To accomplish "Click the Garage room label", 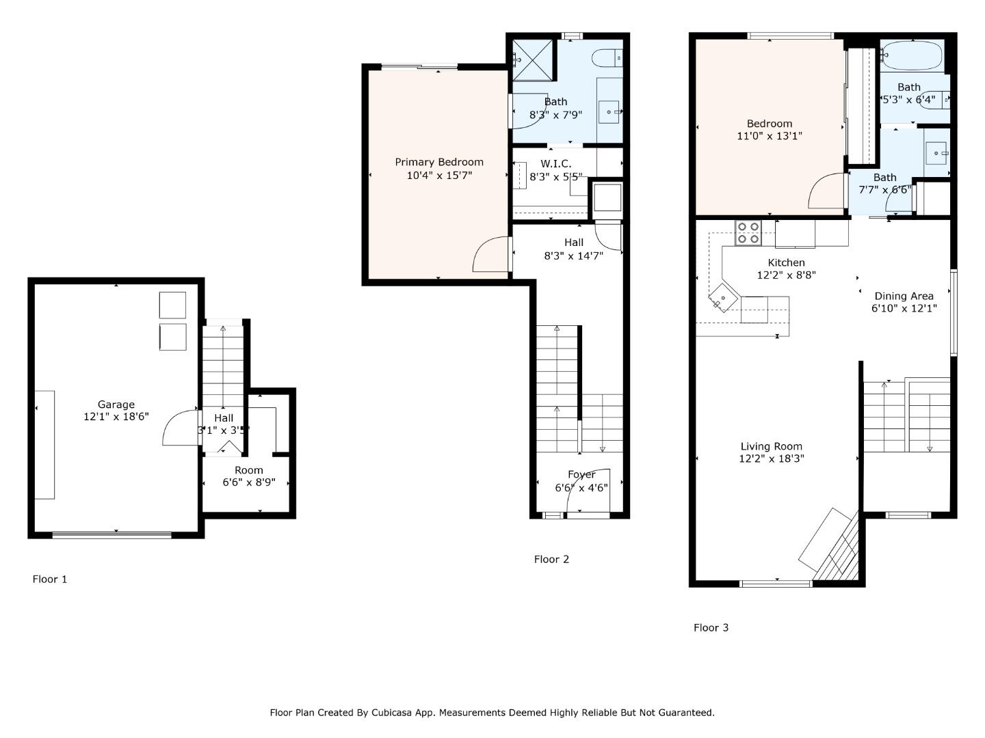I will click(x=116, y=405).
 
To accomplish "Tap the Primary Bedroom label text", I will click(x=439, y=162).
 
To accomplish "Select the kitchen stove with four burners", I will click(x=748, y=233).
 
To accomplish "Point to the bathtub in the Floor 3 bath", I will click(x=912, y=55).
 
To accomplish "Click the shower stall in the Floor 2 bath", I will click(x=533, y=60).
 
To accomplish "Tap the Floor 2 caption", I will click(x=551, y=560).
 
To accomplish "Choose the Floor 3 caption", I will click(x=711, y=628).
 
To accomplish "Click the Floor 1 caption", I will click(x=50, y=579).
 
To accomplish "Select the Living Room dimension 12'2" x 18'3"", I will click(x=771, y=459).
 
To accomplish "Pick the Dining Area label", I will click(x=904, y=296).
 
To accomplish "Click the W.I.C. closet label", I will click(x=555, y=164).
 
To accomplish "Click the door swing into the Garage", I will click(x=179, y=429).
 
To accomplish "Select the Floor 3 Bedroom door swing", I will click(x=826, y=192).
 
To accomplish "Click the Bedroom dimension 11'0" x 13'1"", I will click(x=770, y=136).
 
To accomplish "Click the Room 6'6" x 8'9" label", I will click(x=249, y=476).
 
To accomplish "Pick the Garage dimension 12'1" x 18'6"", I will click(x=116, y=416).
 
